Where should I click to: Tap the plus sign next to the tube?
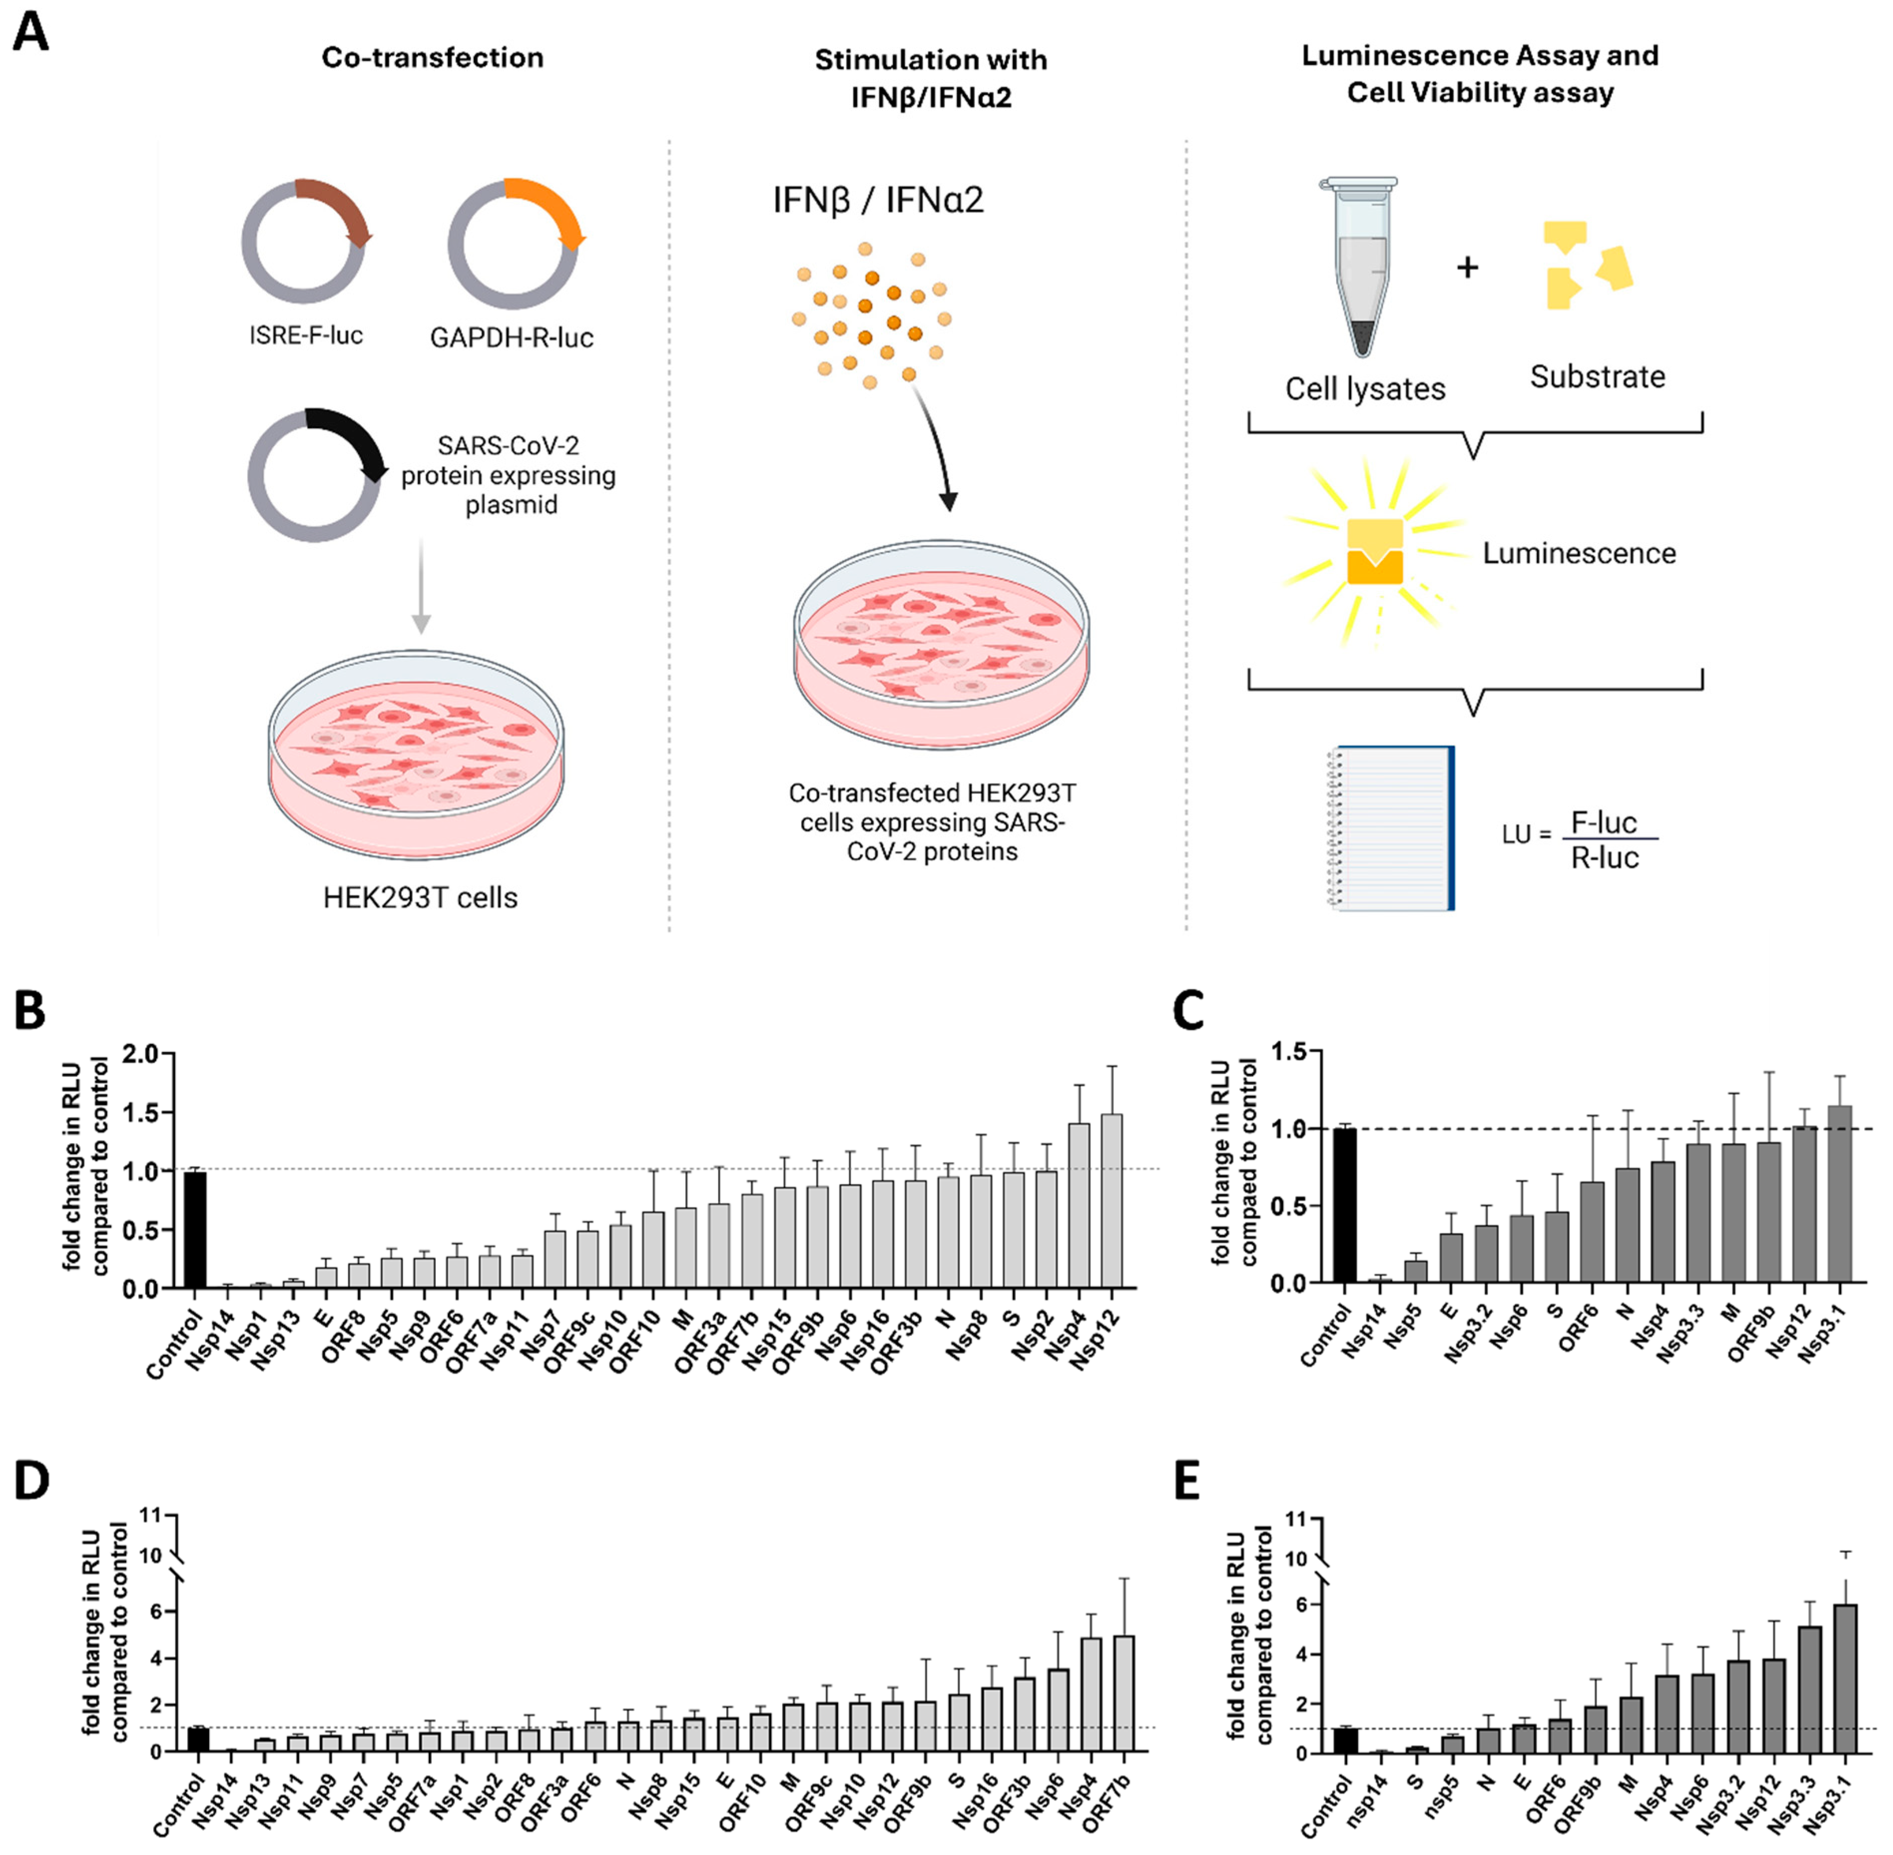(1467, 266)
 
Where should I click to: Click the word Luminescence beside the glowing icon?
(1578, 553)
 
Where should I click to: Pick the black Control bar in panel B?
(195, 1230)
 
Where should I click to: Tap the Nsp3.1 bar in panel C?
(1840, 1193)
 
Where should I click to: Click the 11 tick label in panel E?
(1296, 1519)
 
